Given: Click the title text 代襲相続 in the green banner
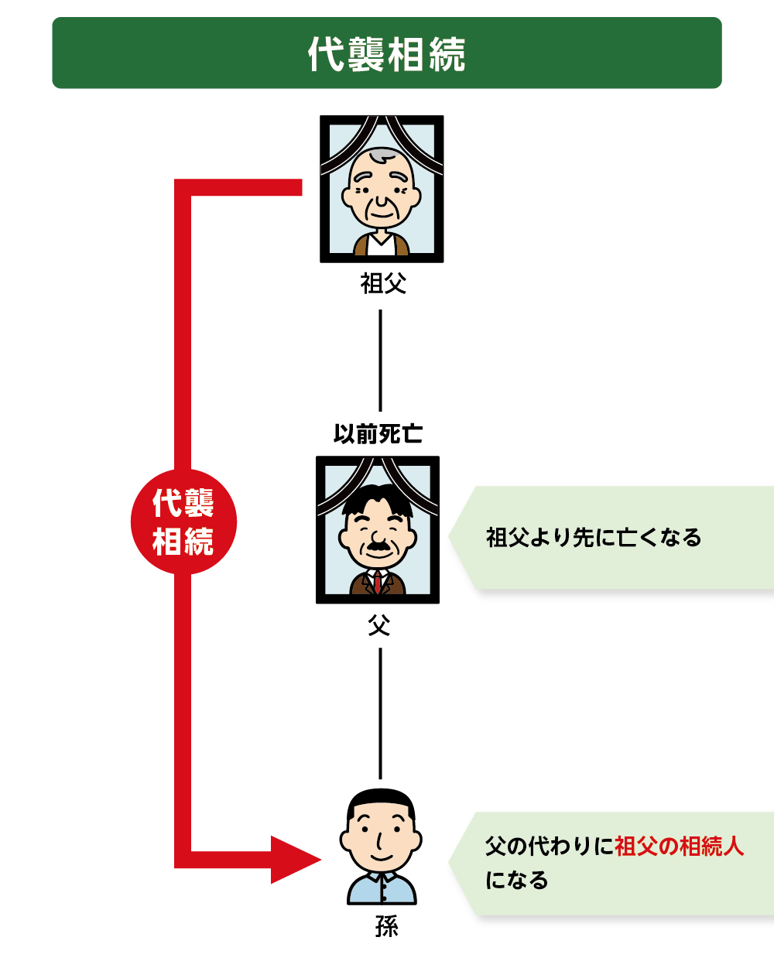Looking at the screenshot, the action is click(386, 54).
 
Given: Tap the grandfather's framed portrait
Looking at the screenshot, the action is click(382, 189).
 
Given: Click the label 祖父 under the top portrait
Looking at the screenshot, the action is click(383, 283).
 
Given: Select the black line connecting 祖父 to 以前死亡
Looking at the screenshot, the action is click(380, 361).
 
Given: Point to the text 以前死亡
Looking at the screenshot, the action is click(378, 434).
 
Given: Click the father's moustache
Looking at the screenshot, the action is click(378, 546).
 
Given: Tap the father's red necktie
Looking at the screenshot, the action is click(378, 582).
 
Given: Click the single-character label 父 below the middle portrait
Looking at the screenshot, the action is click(379, 624).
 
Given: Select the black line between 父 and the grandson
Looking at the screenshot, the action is click(380, 713).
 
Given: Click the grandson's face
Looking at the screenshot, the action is click(381, 834).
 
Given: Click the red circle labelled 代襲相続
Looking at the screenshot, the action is click(183, 522).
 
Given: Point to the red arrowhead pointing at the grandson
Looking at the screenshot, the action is click(296, 860).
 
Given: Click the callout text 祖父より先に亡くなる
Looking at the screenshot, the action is click(594, 538).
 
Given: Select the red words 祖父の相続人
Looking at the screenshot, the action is click(679, 846).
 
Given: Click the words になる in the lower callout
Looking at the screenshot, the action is click(516, 881).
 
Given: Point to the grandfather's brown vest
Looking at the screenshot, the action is click(381, 245).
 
